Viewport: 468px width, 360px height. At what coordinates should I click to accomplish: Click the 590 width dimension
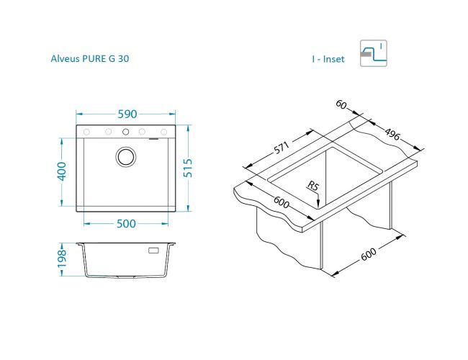(127, 114)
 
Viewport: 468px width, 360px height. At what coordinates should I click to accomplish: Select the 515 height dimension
(188, 168)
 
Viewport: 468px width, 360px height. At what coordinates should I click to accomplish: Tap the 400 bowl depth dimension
(62, 171)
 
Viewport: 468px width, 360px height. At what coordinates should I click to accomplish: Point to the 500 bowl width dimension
(126, 224)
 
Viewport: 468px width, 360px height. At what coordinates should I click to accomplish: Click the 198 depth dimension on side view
(62, 258)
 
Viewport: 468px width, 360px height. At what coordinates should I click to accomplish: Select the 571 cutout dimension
(282, 148)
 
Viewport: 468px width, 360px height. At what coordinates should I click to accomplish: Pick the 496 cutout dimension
(392, 134)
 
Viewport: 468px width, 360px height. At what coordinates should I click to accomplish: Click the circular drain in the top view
(126, 156)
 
